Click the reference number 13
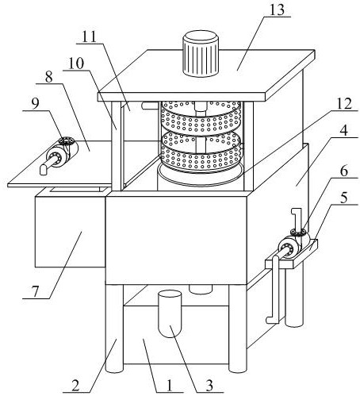pyautogui.click(x=277, y=10)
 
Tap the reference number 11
pyautogui.click(x=90, y=37)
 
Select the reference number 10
pyautogui.click(x=76, y=63)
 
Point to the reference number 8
pyautogui.click(x=49, y=77)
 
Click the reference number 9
pyautogui.click(x=35, y=104)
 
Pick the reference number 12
pyautogui.click(x=343, y=104)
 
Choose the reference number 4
pyautogui.click(x=343, y=131)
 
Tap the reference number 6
pyautogui.click(x=343, y=171)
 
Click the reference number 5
pyautogui.click(x=343, y=198)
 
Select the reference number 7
pyautogui.click(x=35, y=291)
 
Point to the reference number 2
pyautogui.click(x=75, y=386)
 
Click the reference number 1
pyautogui.click(x=169, y=386)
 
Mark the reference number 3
pyautogui.click(x=209, y=386)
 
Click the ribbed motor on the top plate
pyautogui.click(x=201, y=54)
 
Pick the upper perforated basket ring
pyautogui.click(x=201, y=117)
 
